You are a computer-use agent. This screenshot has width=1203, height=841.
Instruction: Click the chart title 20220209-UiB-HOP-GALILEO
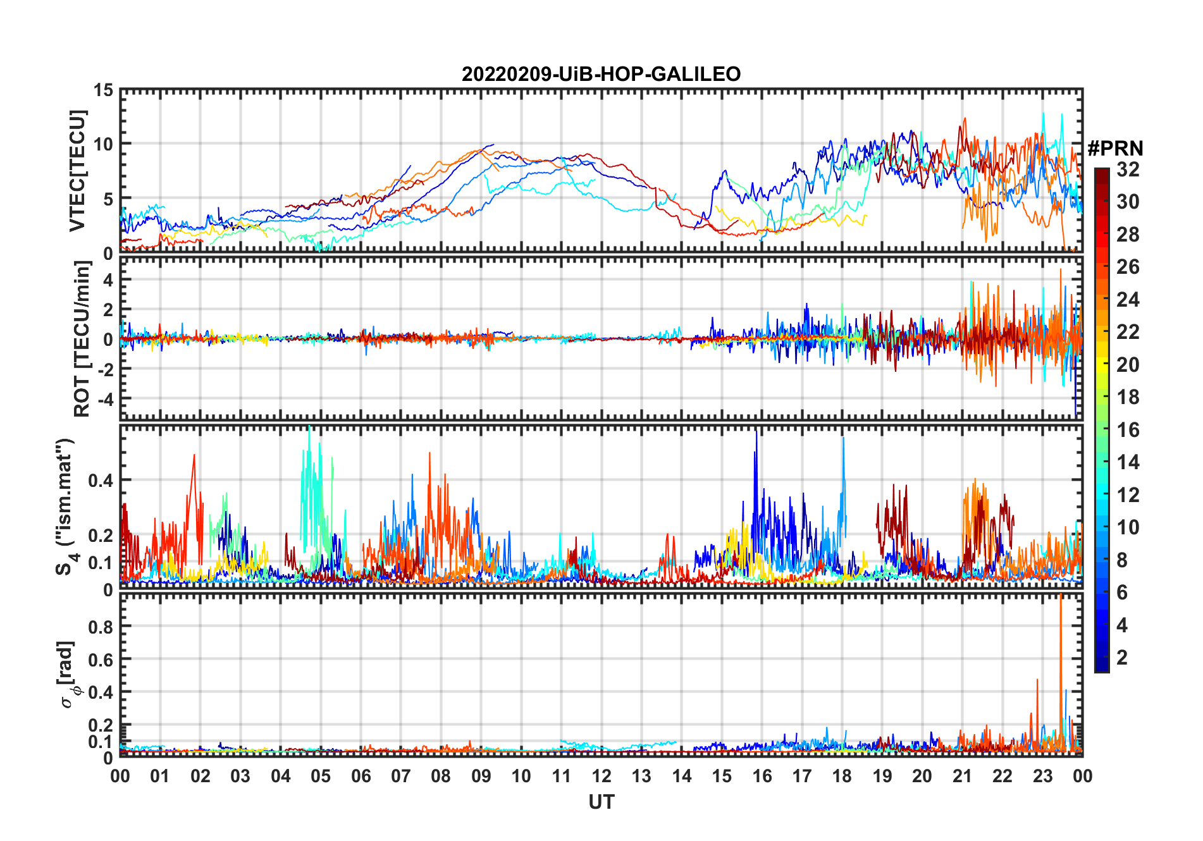601,75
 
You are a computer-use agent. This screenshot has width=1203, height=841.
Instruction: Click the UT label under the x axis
601,802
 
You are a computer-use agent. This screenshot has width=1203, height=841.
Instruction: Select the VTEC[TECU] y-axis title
77,171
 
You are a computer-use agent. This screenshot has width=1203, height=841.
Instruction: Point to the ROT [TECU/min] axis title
82,338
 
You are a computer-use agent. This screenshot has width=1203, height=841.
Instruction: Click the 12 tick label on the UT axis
601,776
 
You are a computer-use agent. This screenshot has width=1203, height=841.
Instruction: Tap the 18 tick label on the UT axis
842,776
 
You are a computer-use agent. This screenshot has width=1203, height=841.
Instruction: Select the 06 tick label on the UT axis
361,776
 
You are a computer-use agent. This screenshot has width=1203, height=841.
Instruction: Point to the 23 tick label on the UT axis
1042,776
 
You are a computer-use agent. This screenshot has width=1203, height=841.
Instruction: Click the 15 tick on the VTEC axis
103,90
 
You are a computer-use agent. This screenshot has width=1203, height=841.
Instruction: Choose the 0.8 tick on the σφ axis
101,627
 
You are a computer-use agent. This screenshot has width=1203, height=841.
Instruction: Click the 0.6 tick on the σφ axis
101,660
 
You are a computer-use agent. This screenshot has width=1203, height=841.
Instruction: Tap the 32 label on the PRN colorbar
1128,169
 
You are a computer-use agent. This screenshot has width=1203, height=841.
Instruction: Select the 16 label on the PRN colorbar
1128,430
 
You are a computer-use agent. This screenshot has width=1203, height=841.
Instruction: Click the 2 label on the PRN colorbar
1122,658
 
